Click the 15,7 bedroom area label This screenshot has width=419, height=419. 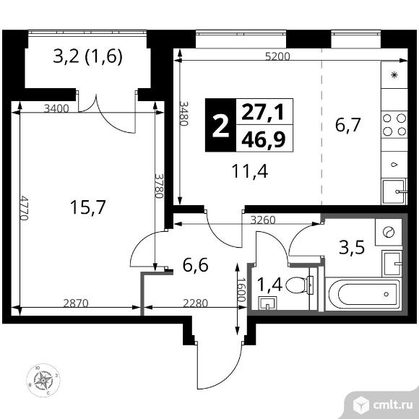(x=88, y=207)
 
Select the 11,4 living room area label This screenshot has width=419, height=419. (x=250, y=171)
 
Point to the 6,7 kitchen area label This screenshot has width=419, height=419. (x=348, y=125)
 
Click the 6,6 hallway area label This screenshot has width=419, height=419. (x=195, y=265)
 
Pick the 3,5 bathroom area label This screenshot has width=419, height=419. (x=352, y=248)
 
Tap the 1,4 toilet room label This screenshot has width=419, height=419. (x=269, y=284)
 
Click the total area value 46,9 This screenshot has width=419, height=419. (x=264, y=139)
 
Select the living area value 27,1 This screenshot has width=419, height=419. (x=263, y=113)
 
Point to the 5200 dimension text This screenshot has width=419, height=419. (x=277, y=56)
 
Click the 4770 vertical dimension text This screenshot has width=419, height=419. (x=24, y=208)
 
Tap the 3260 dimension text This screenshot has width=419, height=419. (x=263, y=220)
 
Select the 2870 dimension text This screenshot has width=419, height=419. (x=76, y=303)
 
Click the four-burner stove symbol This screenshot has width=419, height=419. (x=394, y=124)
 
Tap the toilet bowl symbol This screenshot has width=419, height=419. (x=299, y=285)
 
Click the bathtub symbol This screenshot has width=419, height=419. (x=363, y=294)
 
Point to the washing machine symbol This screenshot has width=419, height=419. (x=389, y=232)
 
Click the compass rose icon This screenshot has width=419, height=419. (x=43, y=380)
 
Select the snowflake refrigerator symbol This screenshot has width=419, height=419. (x=394, y=75)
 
